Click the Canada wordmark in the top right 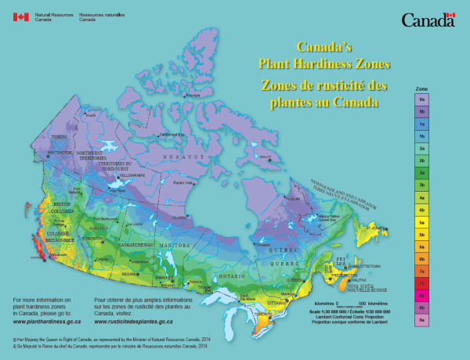[x=428, y=20]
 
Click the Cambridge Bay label [x=172, y=135]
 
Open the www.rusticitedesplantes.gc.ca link [x=143, y=321]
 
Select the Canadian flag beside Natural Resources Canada [x=21, y=16]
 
